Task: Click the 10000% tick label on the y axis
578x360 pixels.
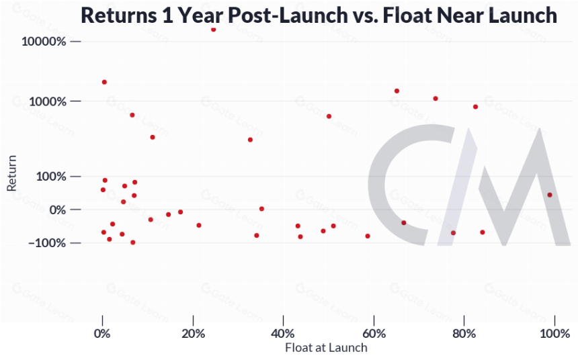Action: pos(44,41)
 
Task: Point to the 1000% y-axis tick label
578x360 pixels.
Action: pos(48,101)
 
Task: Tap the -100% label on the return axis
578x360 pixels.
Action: pos(48,243)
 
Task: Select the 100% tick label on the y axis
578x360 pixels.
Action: pos(51,177)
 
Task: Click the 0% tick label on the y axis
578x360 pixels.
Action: pos(58,210)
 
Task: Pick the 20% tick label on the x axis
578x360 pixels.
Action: pos(193,334)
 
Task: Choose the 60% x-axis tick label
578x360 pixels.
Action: pos(374,334)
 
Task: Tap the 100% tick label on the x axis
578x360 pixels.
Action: pos(554,334)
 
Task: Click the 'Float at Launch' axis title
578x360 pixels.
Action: pos(326,347)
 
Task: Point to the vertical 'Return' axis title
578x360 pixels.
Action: pos(12,173)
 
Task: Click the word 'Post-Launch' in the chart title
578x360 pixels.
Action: pos(287,15)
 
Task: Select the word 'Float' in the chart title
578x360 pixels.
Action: pos(407,15)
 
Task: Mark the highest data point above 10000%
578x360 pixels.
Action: pos(214,30)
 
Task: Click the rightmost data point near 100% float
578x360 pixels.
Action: pos(550,195)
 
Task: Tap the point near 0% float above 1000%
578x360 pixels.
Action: pos(104,82)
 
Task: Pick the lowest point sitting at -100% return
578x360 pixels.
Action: pos(132,242)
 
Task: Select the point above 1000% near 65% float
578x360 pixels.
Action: pos(397,91)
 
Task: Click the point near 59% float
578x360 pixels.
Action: pos(368,236)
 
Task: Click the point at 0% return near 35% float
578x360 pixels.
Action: pos(261,209)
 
